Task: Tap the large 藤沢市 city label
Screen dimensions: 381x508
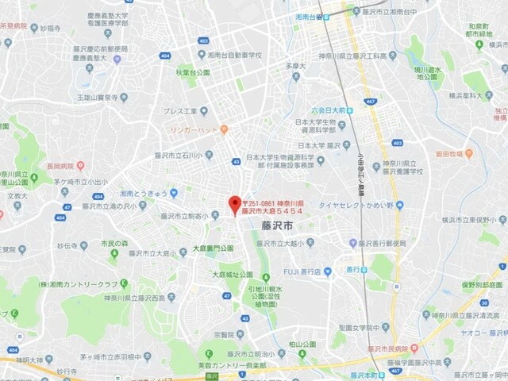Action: pos(276,225)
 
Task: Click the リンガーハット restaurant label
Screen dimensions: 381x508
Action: pos(194,129)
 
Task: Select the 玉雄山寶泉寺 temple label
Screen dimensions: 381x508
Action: pos(102,98)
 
